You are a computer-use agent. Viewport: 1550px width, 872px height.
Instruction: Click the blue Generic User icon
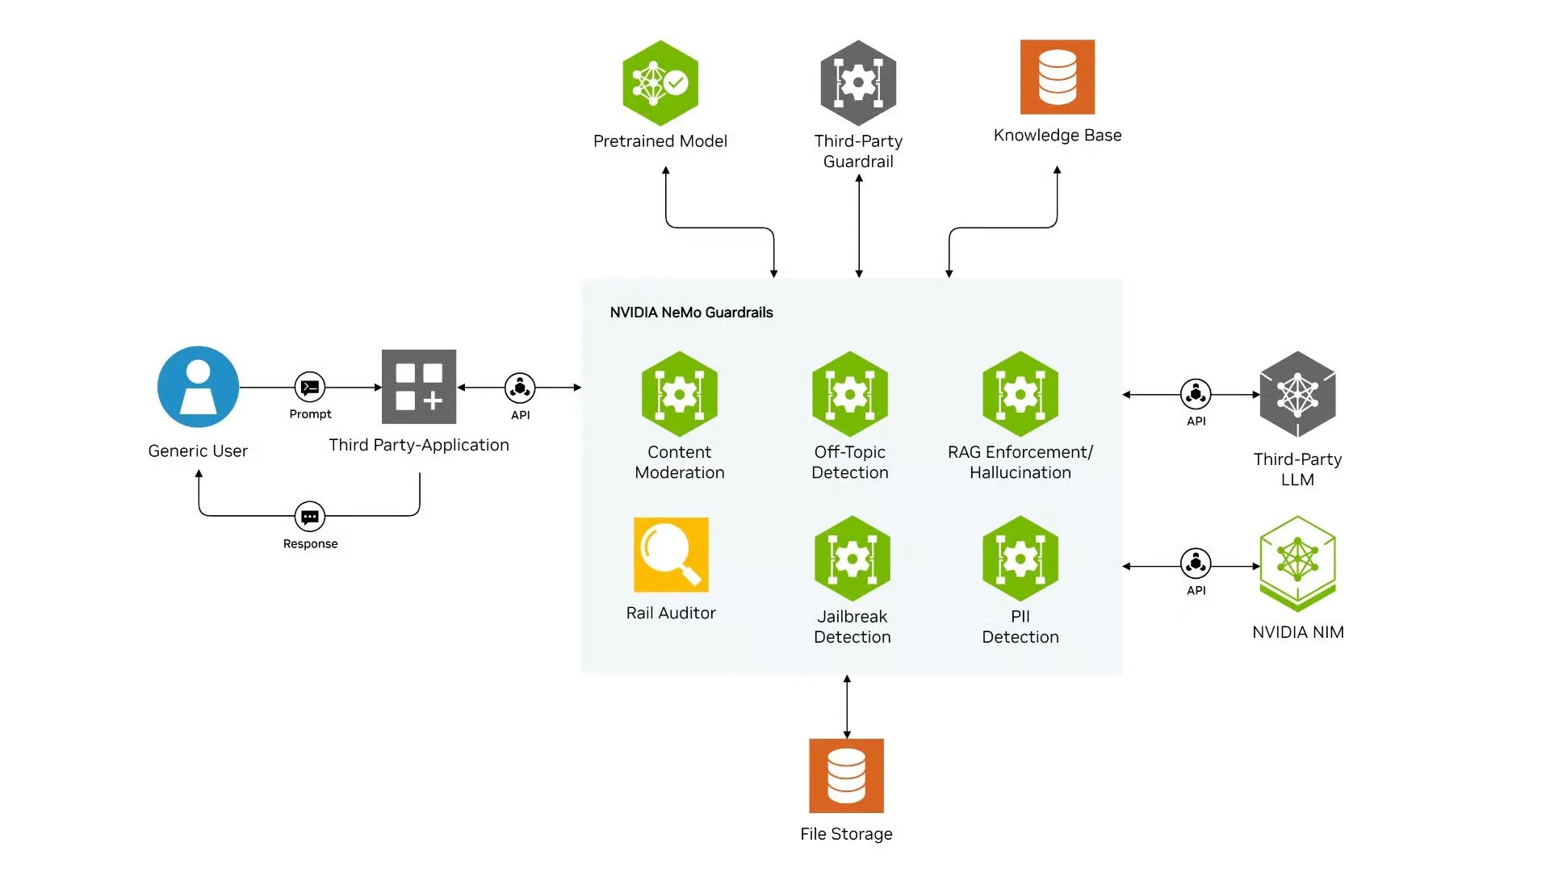coord(198,387)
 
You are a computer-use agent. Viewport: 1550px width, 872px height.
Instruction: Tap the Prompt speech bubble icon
coord(310,388)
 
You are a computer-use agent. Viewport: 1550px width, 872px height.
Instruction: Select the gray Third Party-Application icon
coord(419,387)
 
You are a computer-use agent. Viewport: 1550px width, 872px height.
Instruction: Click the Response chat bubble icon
coord(310,517)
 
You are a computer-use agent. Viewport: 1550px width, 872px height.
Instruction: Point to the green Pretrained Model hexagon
coord(660,83)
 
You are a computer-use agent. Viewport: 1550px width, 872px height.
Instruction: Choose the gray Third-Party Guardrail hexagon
coord(858,83)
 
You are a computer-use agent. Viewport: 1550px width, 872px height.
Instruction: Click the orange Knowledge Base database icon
coord(1058,77)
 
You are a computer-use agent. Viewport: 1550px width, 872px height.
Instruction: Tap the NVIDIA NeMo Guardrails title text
coord(691,312)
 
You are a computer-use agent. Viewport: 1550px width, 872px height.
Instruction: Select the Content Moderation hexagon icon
coord(680,394)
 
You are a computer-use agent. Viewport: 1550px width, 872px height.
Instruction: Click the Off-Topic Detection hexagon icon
coord(850,394)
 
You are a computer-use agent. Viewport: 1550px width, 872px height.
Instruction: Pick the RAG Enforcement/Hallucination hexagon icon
coord(1020,394)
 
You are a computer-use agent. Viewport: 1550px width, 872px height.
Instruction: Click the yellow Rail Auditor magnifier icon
coord(671,555)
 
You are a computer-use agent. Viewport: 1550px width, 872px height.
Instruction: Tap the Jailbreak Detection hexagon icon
coord(852,559)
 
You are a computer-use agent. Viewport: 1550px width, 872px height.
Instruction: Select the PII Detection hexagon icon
coord(1020,559)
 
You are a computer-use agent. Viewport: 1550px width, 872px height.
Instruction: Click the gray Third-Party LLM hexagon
coord(1297,395)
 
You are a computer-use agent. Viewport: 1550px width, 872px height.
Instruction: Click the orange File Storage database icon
coord(847,776)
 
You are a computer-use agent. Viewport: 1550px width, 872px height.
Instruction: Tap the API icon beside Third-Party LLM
coord(1196,394)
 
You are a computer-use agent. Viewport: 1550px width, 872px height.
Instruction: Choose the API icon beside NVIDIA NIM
coord(1196,564)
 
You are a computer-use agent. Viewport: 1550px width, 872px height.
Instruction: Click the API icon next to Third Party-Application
coord(520,388)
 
